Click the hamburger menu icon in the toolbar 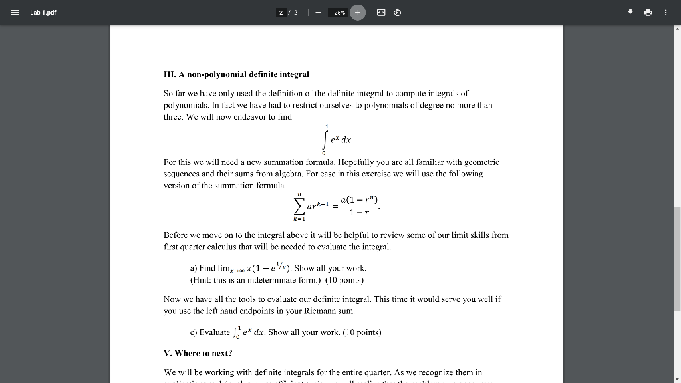coord(14,12)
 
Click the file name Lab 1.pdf coord(43,12)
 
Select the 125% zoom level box coord(337,13)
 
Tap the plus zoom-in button coord(358,13)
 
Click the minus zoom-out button coord(318,13)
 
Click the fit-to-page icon coord(380,13)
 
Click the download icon coord(628,12)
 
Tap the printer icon coord(647,12)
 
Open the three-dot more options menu coord(666,12)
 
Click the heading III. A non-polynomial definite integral coord(236,74)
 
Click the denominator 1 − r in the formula coord(358,213)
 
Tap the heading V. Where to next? coord(198,353)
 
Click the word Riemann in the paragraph coord(292,311)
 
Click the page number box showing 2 coord(281,13)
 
